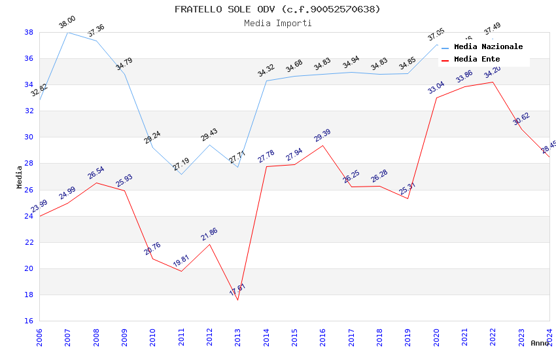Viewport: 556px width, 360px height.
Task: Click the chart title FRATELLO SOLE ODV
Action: click(x=277, y=9)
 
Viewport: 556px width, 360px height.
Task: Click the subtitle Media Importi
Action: click(x=277, y=23)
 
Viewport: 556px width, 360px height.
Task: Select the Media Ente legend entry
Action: click(x=476, y=60)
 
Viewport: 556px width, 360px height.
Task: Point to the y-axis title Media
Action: click(x=20, y=177)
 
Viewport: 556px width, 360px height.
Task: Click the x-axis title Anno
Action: click(x=540, y=343)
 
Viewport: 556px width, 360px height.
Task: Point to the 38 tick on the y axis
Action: click(x=29, y=32)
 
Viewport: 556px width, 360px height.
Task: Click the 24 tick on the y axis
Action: click(x=29, y=216)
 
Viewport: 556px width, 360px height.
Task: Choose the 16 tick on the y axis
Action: click(x=29, y=321)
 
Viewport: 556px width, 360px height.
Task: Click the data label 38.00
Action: click(x=67, y=22)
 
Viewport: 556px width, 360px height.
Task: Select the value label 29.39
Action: click(x=322, y=135)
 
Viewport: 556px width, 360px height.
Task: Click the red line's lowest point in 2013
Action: click(x=237, y=300)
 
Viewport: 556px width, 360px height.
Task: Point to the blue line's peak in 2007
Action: click(x=67, y=32)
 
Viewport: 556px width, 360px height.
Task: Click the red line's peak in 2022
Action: click(x=493, y=82)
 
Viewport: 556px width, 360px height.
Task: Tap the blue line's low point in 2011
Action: click(x=181, y=174)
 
